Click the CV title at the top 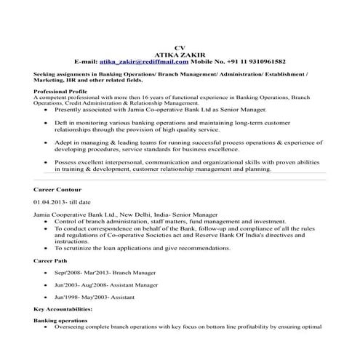[x=181, y=48]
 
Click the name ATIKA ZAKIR [x=181, y=55]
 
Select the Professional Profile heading [x=59, y=91]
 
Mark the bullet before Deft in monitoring [x=47, y=124]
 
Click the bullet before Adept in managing [x=47, y=144]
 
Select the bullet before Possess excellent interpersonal [x=47, y=164]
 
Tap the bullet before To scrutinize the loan [x=47, y=247]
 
